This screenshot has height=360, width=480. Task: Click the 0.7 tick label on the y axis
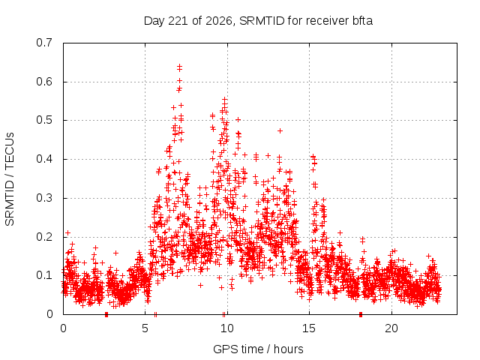[44, 43]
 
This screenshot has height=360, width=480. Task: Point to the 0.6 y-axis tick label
[44, 82]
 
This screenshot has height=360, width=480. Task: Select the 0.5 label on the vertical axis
[44, 120]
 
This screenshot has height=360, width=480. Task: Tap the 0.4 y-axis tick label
[44, 159]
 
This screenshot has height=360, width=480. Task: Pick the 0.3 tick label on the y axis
[44, 198]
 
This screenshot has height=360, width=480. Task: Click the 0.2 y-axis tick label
[44, 237]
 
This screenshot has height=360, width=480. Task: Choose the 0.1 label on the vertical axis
[44, 275]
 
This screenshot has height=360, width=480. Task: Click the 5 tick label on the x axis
[145, 328]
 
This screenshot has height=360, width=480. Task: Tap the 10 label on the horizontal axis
[226, 328]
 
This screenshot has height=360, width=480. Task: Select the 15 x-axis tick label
[309, 328]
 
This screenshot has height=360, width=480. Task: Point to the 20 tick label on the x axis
[391, 328]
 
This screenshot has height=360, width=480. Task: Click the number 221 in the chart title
[178, 21]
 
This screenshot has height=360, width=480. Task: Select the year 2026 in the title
[218, 21]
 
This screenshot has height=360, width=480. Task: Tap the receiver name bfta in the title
[362, 21]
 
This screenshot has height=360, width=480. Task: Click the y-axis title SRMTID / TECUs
[10, 179]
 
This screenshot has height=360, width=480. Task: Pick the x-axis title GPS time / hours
[258, 349]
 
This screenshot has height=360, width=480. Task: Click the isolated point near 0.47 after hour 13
[280, 130]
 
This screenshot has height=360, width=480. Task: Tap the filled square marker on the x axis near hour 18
[361, 314]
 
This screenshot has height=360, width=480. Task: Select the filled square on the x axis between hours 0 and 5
[106, 314]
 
